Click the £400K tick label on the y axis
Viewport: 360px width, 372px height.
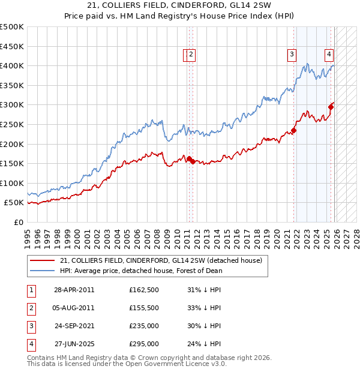[x=12, y=66]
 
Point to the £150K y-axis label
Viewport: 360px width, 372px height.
[x=12, y=163]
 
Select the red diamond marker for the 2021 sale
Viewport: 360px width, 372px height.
[x=294, y=130]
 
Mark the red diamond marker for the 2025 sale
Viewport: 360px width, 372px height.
[x=331, y=107]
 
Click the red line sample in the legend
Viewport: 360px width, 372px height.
[x=43, y=261]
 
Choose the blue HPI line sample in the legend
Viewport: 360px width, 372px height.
[x=43, y=271]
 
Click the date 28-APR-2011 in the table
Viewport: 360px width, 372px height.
[x=74, y=290]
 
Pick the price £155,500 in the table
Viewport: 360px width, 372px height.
[x=144, y=308]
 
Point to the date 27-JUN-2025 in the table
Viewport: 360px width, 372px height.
[x=74, y=344]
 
